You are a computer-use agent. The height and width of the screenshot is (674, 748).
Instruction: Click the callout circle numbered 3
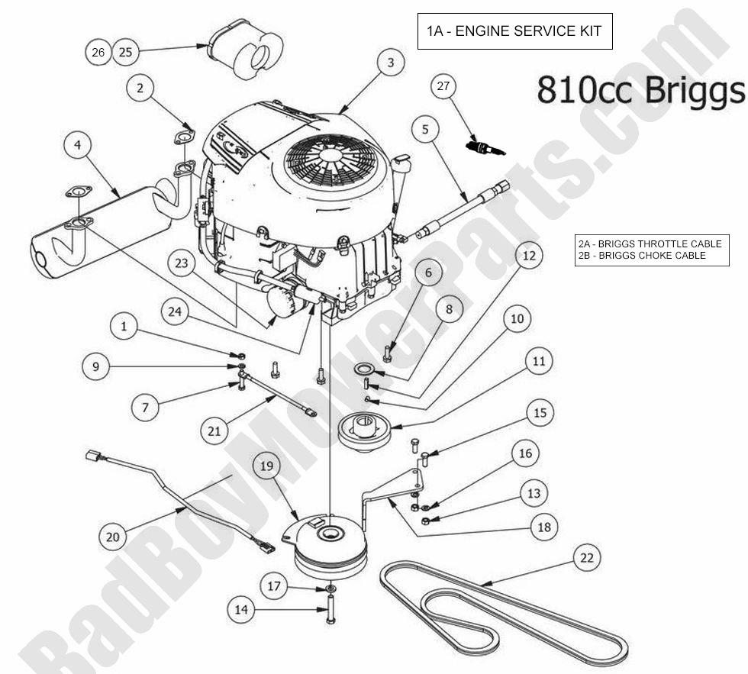pyautogui.click(x=391, y=63)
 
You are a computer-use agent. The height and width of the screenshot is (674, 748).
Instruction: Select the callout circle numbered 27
pyautogui.click(x=443, y=85)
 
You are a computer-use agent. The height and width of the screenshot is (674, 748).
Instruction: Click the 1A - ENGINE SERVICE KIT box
pyautogui.click(x=514, y=31)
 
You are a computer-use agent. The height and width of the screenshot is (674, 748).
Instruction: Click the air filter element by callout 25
pyautogui.click(x=247, y=49)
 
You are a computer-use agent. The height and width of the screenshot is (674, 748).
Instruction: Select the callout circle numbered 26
pyautogui.click(x=98, y=52)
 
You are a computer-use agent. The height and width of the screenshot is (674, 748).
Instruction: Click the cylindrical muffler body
pyautogui.click(x=99, y=229)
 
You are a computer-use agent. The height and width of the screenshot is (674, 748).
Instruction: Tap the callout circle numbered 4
pyautogui.click(x=78, y=144)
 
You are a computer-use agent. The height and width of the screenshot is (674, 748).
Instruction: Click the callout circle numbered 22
pyautogui.click(x=586, y=557)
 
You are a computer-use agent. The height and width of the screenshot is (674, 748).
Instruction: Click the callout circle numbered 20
pyautogui.click(x=113, y=537)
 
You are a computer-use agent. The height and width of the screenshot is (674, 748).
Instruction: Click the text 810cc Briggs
pyautogui.click(x=640, y=89)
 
